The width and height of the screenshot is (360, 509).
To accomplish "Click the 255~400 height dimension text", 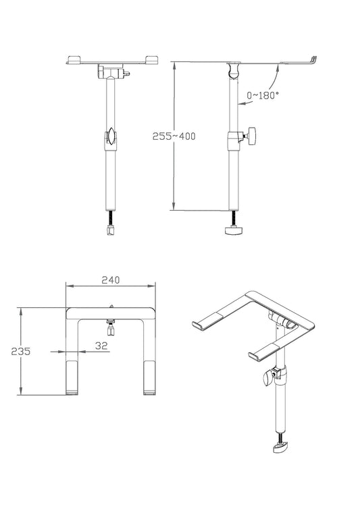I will coord(174,136).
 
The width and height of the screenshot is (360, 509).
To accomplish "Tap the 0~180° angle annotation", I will coord(263,96).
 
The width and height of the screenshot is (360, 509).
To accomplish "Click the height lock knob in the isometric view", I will coord(274,377).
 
